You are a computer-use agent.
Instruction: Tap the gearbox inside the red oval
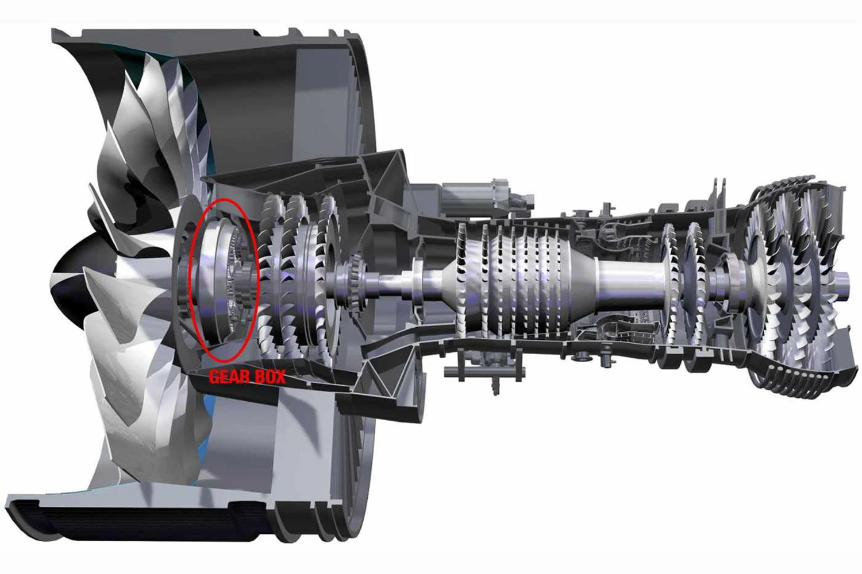point(225,281)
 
